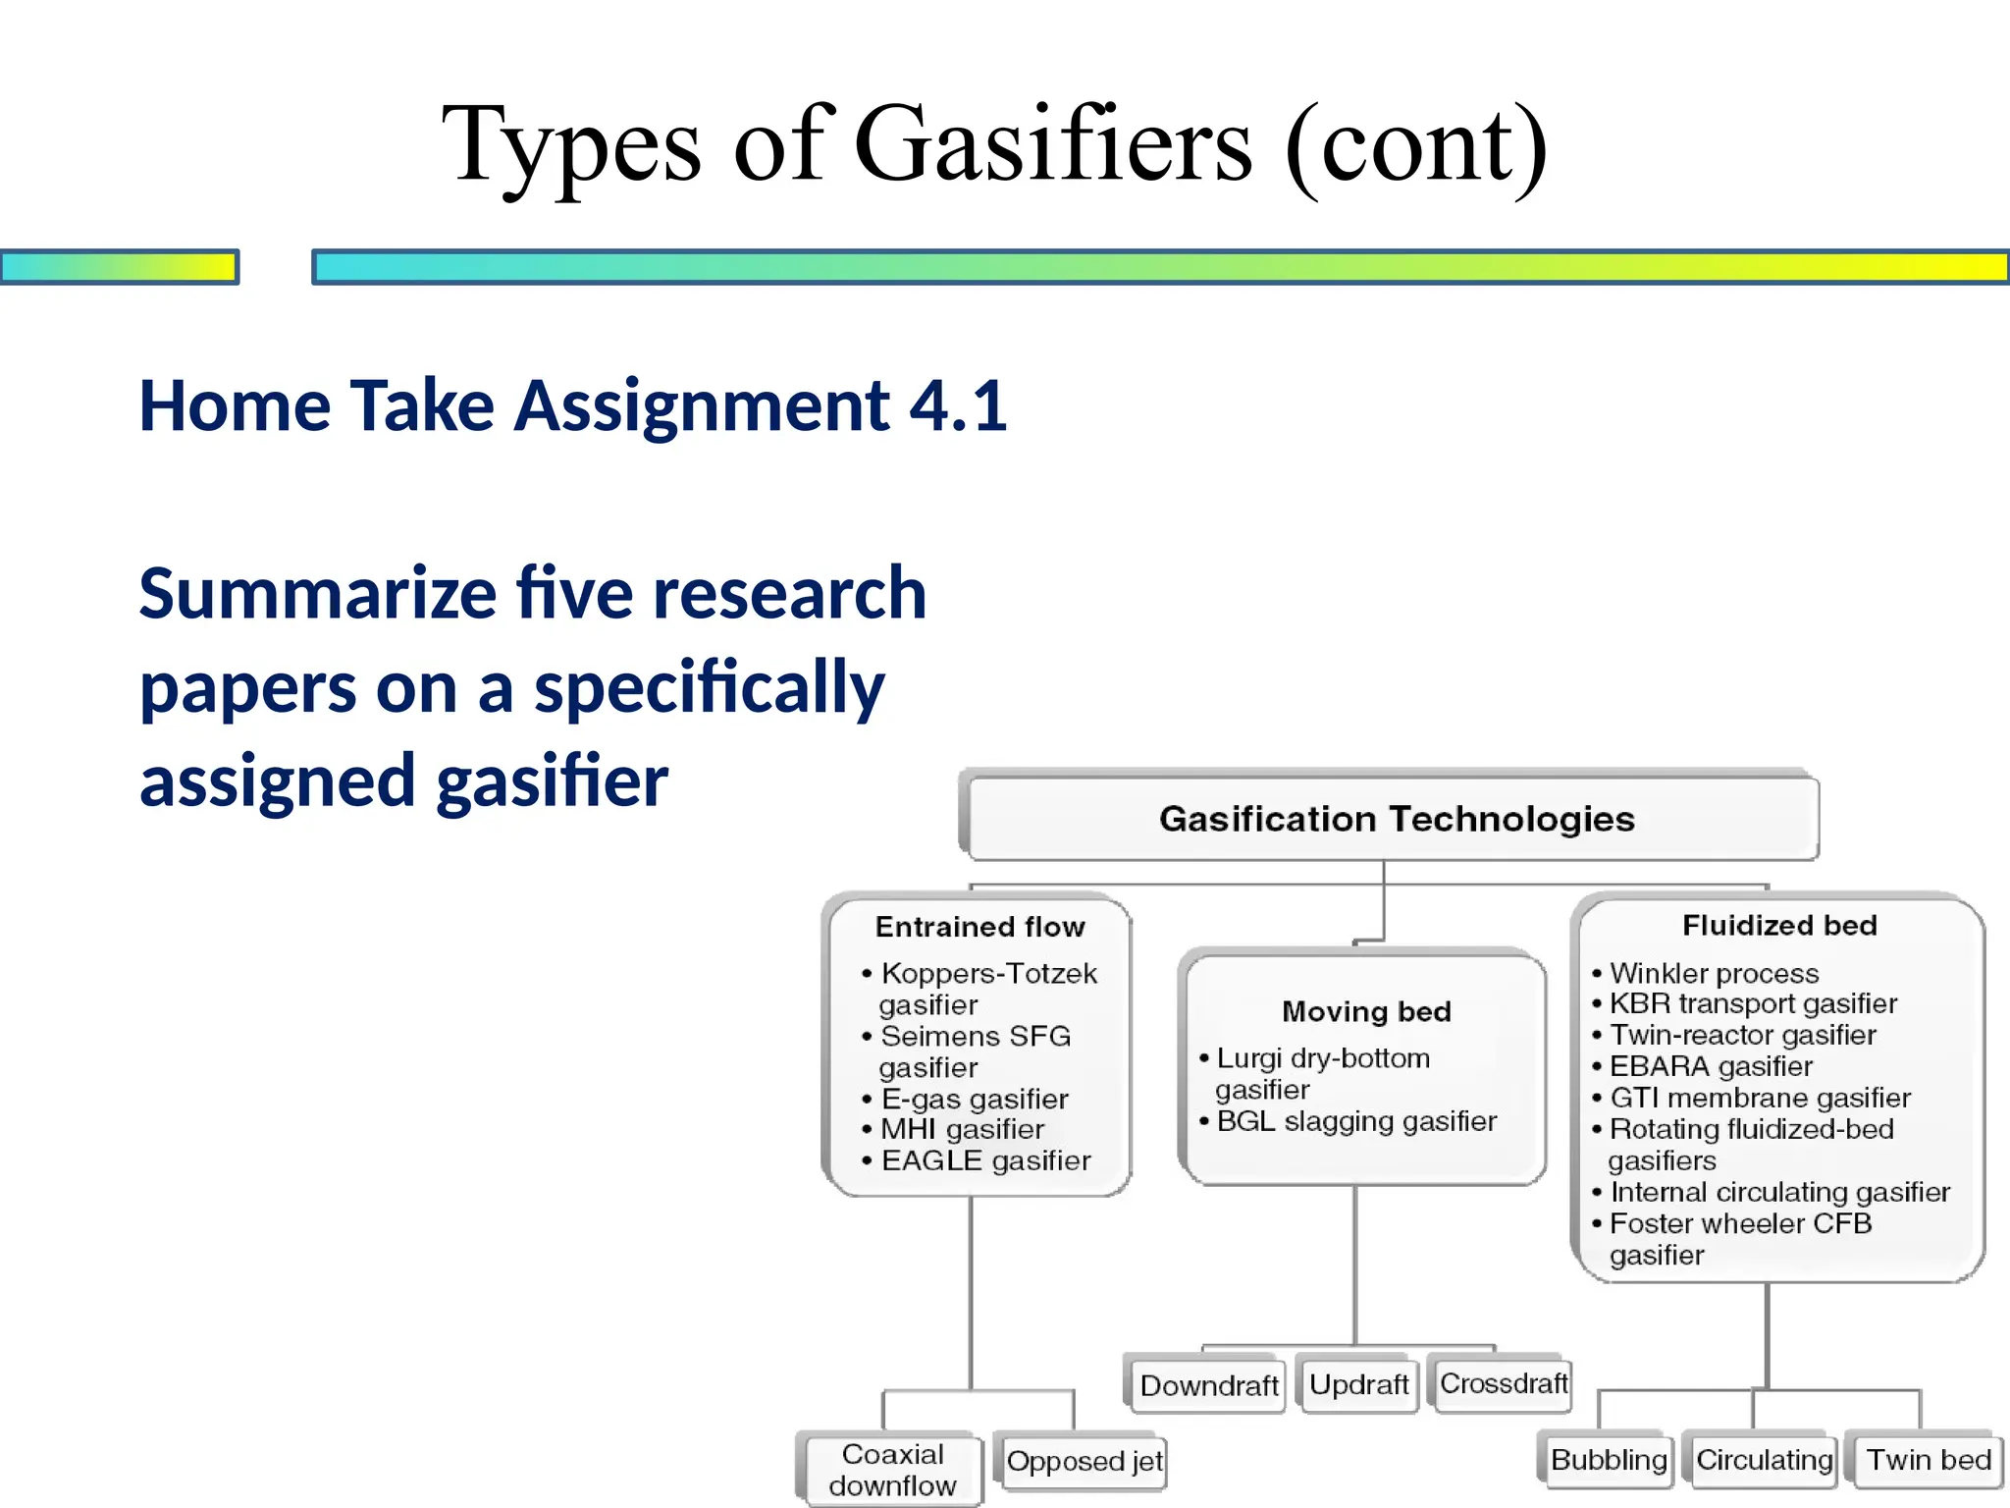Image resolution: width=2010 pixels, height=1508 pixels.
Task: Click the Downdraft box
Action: point(1208,1385)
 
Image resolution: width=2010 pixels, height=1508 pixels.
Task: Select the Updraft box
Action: point(1358,1384)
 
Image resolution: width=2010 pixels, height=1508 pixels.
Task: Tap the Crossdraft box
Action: point(1503,1383)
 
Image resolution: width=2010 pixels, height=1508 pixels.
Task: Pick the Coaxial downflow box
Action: point(892,1470)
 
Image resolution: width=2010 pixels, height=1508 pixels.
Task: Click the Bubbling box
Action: point(1608,1460)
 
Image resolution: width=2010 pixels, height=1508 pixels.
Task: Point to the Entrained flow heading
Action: point(979,927)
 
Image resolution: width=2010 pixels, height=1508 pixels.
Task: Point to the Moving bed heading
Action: point(1366,1011)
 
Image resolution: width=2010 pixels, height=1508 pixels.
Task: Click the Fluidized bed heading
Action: point(1778,925)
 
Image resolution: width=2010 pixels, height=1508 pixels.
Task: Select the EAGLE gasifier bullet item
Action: point(985,1160)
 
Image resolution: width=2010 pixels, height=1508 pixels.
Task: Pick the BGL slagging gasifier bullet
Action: point(1356,1121)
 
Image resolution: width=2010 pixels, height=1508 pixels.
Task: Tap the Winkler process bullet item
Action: point(1714,973)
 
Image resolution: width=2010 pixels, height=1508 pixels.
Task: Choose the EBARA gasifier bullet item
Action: point(1711,1066)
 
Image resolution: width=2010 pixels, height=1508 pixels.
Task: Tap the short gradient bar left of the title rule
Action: point(119,267)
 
